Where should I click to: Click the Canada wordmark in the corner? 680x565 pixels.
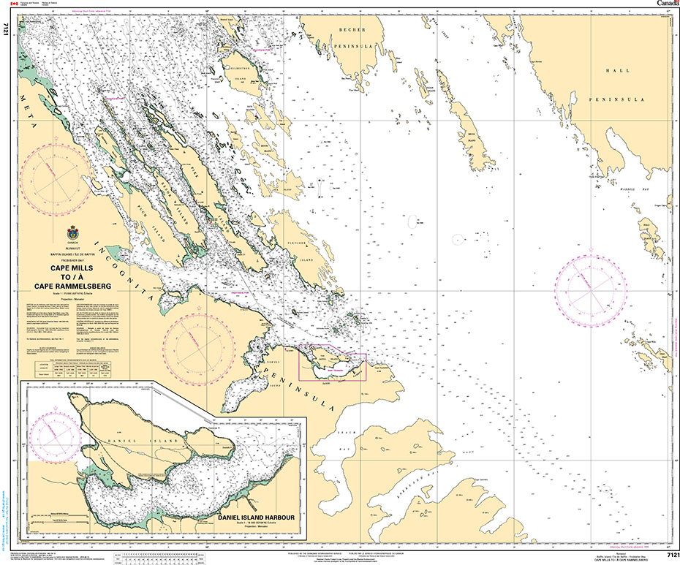pos(667,4)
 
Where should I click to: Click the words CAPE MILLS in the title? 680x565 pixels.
pos(71,268)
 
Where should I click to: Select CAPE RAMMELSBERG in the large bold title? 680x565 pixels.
pos(71,287)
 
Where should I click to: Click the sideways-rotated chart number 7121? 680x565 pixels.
pos(6,30)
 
